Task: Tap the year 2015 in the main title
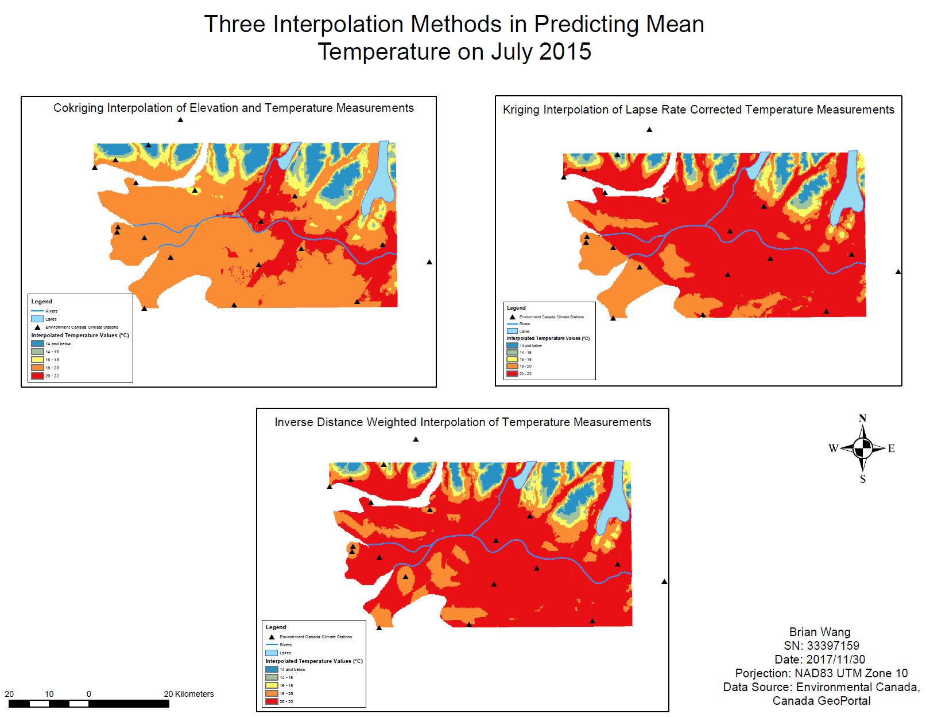point(565,52)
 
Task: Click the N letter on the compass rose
point(862,418)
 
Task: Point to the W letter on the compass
point(833,448)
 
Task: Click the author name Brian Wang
point(820,632)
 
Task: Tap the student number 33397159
point(833,646)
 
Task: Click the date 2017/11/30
point(835,660)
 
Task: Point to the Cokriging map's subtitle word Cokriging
point(79,108)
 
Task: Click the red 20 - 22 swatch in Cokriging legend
point(37,376)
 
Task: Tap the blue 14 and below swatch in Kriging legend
point(512,345)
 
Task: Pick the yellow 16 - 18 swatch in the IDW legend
point(272,685)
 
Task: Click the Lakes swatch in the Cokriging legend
point(37,319)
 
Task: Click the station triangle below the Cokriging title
point(180,120)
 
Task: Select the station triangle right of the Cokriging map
point(429,262)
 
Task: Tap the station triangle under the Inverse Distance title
point(416,439)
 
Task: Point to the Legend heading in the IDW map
point(276,627)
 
